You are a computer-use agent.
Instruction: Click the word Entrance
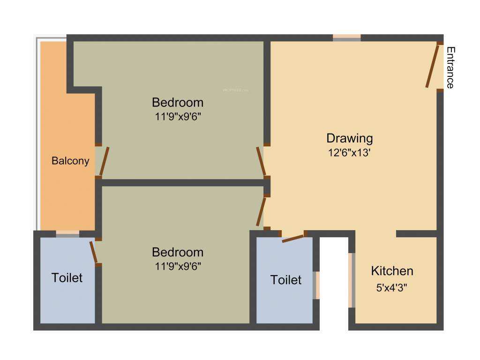coord(450,67)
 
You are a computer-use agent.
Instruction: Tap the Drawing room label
coord(350,138)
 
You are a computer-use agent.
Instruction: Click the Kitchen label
coord(392,271)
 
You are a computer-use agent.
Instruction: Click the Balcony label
coord(70,161)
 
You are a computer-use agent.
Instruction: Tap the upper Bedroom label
coord(178,102)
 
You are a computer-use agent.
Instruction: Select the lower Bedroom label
coord(178,252)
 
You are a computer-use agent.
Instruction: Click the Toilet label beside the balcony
coord(67,277)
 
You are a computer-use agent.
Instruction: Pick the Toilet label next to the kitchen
coord(286,280)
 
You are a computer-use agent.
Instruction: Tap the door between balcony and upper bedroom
coord(104,161)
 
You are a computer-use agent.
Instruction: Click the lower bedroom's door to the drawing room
coord(261,212)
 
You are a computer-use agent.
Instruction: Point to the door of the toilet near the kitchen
coord(293,238)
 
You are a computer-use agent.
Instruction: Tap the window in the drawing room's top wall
coord(347,38)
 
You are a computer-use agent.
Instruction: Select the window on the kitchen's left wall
coord(352,280)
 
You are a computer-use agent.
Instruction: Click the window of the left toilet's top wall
coord(67,233)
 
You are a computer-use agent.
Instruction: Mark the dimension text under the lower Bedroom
coord(178,266)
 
